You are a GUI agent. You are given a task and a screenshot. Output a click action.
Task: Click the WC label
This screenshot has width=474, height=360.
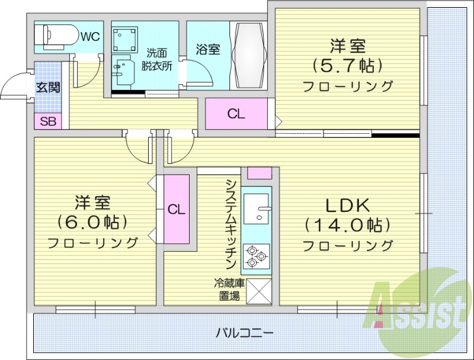(89, 37)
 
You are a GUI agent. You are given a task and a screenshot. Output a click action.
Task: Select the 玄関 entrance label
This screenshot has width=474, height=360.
(48, 88)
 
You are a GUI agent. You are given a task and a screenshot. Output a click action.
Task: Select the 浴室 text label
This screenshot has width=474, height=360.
(208, 49)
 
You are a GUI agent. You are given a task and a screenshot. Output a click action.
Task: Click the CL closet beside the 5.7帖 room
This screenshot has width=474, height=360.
(236, 115)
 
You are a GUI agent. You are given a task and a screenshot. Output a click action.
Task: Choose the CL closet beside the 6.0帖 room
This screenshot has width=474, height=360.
(176, 209)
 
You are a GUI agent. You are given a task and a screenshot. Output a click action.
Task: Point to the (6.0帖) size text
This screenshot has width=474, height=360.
(92, 222)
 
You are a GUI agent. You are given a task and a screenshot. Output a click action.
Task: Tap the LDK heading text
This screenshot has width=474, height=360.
(348, 205)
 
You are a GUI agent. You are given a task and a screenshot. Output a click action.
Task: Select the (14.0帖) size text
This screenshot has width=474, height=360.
(348, 225)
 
